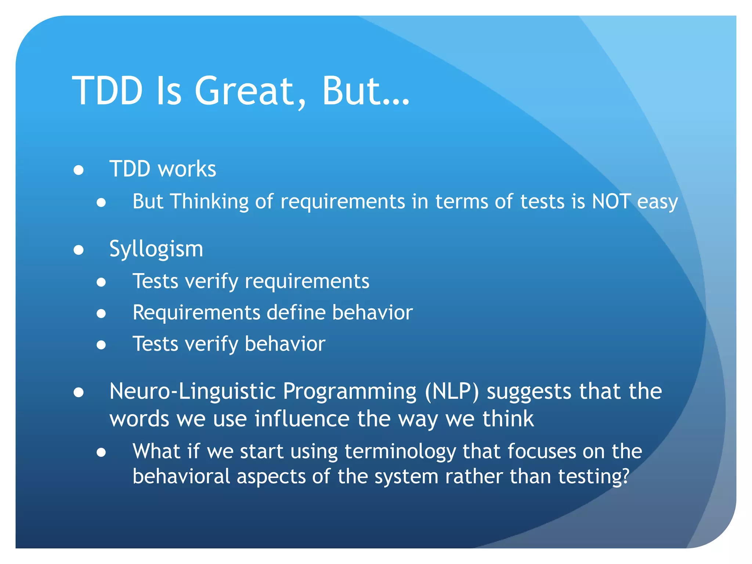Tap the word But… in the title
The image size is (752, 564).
pyautogui.click(x=365, y=91)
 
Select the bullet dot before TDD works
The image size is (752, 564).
pyautogui.click(x=79, y=170)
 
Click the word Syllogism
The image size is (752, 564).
pyautogui.click(x=156, y=249)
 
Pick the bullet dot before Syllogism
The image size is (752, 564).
pyautogui.click(x=79, y=250)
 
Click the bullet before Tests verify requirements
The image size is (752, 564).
pyautogui.click(x=101, y=282)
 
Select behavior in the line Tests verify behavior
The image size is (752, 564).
pyautogui.click(x=285, y=344)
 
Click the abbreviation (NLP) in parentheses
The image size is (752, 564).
pyautogui.click(x=452, y=391)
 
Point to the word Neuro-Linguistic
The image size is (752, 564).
pyautogui.click(x=192, y=391)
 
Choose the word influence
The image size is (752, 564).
pyautogui.click(x=302, y=419)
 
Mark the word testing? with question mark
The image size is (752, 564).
pyautogui.click(x=594, y=477)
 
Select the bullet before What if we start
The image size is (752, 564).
pyautogui.click(x=101, y=452)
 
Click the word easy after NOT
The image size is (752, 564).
pyautogui.click(x=657, y=202)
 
